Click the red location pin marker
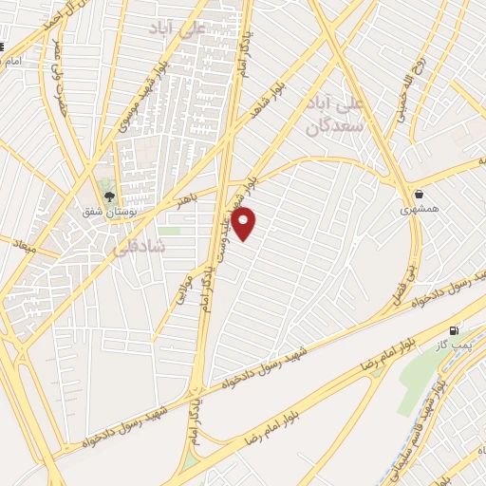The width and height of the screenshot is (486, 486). click(244, 223)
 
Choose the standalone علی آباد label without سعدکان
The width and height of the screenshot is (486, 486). click(178, 28)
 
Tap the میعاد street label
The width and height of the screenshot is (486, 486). click(25, 247)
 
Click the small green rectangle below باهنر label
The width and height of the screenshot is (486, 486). click(169, 230)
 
